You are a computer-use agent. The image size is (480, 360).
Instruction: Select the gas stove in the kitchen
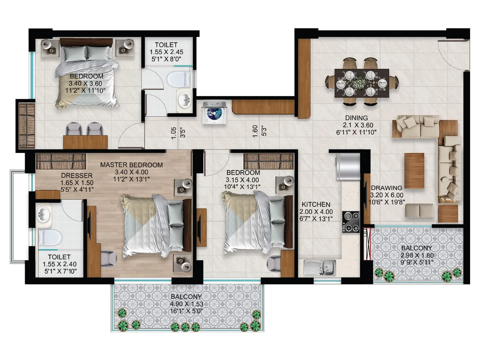pyautogui.click(x=351, y=222)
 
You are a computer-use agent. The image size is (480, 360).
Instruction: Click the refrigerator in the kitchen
pyautogui.click(x=348, y=167)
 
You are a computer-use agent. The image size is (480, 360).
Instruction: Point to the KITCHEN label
pyautogui.click(x=316, y=204)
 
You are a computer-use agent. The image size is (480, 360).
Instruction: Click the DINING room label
pyautogui.click(x=356, y=118)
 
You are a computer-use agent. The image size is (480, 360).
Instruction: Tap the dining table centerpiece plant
pyautogui.click(x=359, y=82)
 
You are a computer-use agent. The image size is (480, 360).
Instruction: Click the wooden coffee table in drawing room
pyautogui.click(x=414, y=170)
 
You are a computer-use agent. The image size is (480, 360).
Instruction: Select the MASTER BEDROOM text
pyautogui.click(x=131, y=165)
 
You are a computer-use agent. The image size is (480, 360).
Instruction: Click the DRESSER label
pyautogui.click(x=77, y=175)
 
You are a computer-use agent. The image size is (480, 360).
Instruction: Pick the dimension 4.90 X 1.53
pyautogui.click(x=186, y=304)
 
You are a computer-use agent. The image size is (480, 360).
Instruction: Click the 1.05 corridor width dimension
pyautogui.click(x=174, y=133)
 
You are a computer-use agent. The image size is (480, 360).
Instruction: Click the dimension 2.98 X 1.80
pyautogui.click(x=417, y=255)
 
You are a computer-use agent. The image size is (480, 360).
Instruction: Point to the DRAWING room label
pyautogui.click(x=387, y=188)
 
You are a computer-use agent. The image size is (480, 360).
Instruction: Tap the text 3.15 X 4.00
pyautogui.click(x=243, y=180)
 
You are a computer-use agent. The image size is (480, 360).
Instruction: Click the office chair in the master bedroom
pyautogui.click(x=108, y=258)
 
